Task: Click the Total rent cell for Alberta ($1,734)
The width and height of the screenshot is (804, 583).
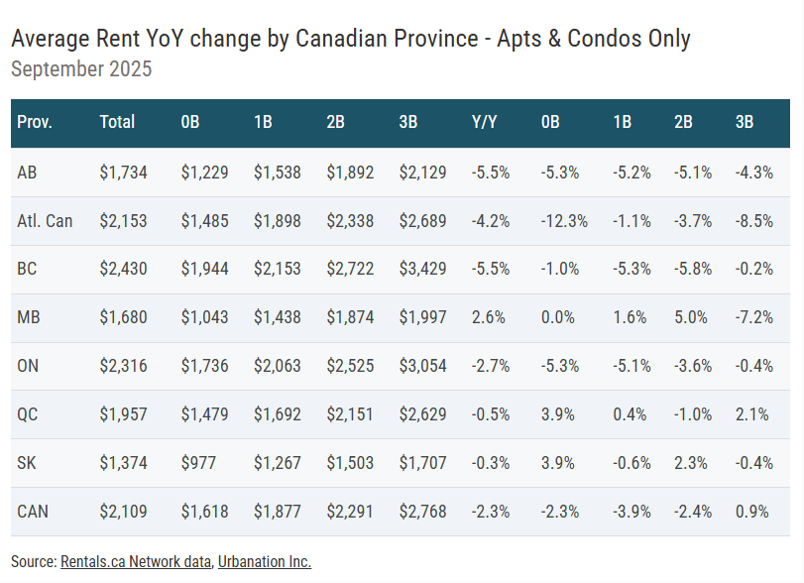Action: click(x=123, y=173)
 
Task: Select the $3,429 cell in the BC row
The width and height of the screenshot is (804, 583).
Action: click(x=422, y=270)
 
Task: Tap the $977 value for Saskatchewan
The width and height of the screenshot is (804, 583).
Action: click(x=196, y=463)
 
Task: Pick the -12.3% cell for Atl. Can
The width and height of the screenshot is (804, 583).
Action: click(x=564, y=221)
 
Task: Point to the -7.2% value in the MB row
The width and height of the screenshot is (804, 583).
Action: click(x=753, y=318)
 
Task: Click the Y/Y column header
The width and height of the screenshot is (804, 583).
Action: click(x=484, y=123)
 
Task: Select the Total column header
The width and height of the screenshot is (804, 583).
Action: click(x=117, y=123)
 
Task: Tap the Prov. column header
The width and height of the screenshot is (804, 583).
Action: click(x=35, y=123)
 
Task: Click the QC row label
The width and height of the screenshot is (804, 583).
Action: click(x=28, y=415)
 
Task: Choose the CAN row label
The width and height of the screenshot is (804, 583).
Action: click(x=33, y=512)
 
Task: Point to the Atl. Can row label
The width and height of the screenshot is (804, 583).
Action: click(x=45, y=221)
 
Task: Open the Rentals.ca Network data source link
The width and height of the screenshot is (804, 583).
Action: click(x=136, y=562)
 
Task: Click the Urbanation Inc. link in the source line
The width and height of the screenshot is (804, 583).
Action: click(x=264, y=562)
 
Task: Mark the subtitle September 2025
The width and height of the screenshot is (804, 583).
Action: click(x=80, y=69)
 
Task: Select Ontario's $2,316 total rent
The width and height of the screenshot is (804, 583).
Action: click(x=123, y=367)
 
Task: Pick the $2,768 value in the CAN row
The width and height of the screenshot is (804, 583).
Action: click(x=422, y=512)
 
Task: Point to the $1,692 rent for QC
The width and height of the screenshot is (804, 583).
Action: click(x=277, y=415)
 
